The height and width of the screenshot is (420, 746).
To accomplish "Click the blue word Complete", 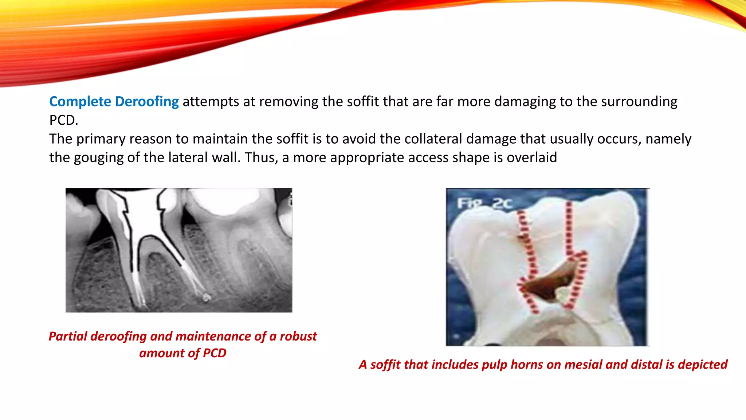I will [x=80, y=101].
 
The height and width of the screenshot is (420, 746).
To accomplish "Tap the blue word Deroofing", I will [x=147, y=101].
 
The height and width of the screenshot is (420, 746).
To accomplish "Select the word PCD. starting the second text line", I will [x=64, y=120].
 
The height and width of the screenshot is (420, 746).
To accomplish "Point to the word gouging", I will [x=98, y=157].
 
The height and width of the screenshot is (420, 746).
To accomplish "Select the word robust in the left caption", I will [x=298, y=336].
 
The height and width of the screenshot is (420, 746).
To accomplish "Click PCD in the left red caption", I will [x=215, y=353].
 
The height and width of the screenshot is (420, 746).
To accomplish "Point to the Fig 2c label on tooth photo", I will [x=484, y=203].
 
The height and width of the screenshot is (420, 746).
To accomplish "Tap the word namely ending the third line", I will [x=668, y=139].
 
